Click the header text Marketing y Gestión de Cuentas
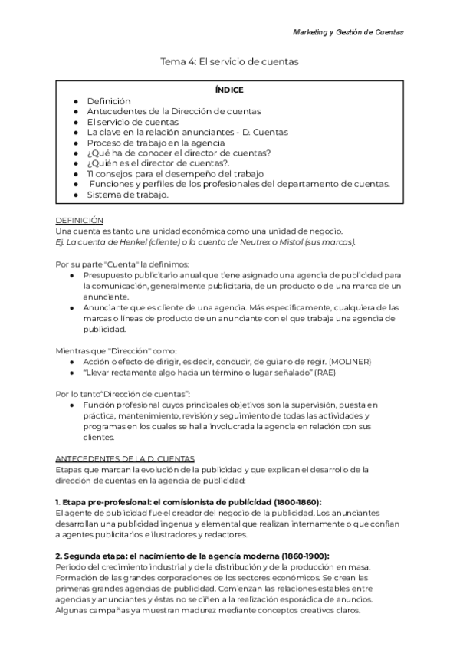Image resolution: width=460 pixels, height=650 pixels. (x=349, y=32)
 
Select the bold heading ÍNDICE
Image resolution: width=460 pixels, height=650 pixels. (x=230, y=90)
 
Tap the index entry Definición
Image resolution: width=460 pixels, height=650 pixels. (x=109, y=100)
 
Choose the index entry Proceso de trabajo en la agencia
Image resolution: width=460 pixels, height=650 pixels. (x=156, y=142)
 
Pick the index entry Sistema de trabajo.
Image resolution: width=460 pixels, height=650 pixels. (x=127, y=194)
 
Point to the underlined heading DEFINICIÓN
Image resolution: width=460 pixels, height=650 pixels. (x=80, y=220)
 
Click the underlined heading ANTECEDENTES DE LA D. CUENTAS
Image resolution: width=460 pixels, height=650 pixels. (x=126, y=458)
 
